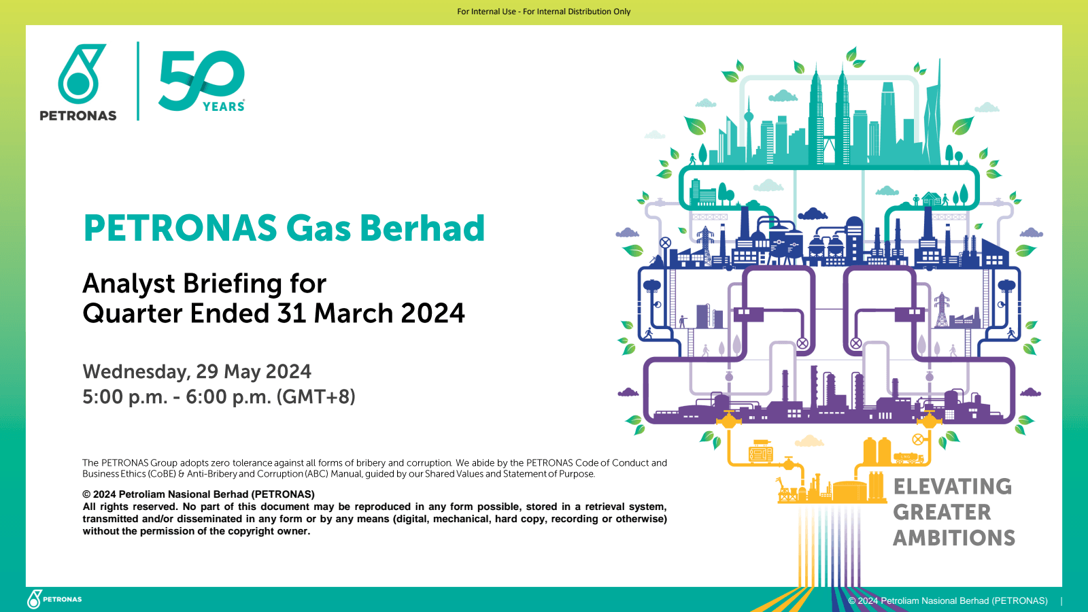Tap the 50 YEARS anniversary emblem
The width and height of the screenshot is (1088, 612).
202,80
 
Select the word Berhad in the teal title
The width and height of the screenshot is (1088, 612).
422,228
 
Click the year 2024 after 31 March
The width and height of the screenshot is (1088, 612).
432,313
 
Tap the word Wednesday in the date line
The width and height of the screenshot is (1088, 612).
135,372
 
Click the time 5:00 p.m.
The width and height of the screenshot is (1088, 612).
124,396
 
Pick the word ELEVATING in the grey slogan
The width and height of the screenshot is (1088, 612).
952,487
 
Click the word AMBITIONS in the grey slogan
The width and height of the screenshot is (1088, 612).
953,538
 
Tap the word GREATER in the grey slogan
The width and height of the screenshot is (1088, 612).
942,512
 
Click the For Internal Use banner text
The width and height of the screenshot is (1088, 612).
543,12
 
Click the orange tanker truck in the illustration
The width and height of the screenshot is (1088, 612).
908,458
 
